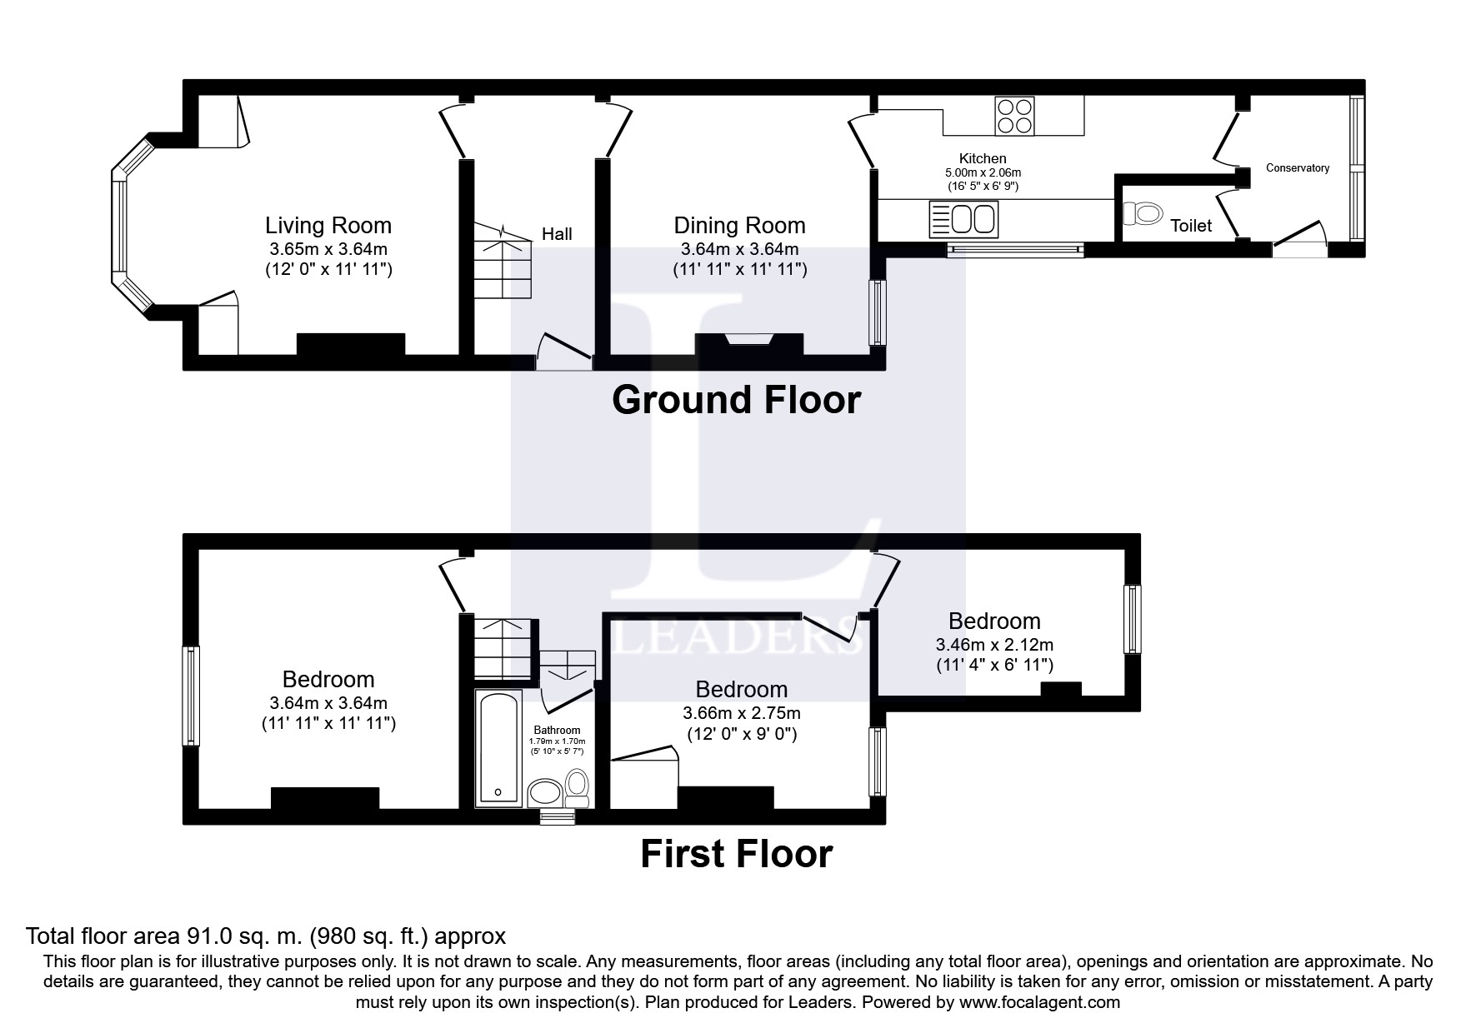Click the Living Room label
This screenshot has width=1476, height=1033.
click(328, 226)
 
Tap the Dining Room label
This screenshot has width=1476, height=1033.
click(740, 226)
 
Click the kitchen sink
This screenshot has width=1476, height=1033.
click(963, 219)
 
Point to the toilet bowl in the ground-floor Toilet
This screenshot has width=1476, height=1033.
click(1143, 214)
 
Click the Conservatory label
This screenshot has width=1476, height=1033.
click(1298, 168)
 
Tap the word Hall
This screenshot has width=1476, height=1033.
click(557, 234)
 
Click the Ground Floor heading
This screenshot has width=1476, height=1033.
click(736, 401)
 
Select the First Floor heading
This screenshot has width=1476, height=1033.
click(736, 855)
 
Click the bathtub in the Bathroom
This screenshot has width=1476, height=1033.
click(498, 747)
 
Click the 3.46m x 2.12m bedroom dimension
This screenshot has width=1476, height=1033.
click(994, 645)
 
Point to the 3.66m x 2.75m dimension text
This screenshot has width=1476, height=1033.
click(742, 713)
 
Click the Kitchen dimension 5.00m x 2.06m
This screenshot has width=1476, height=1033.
click(983, 172)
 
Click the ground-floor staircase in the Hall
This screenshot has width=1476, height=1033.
click(503, 260)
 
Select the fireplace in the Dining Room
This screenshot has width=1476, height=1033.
click(748, 343)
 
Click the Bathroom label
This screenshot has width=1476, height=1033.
click(558, 731)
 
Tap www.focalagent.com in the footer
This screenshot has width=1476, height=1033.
click(1039, 1003)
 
